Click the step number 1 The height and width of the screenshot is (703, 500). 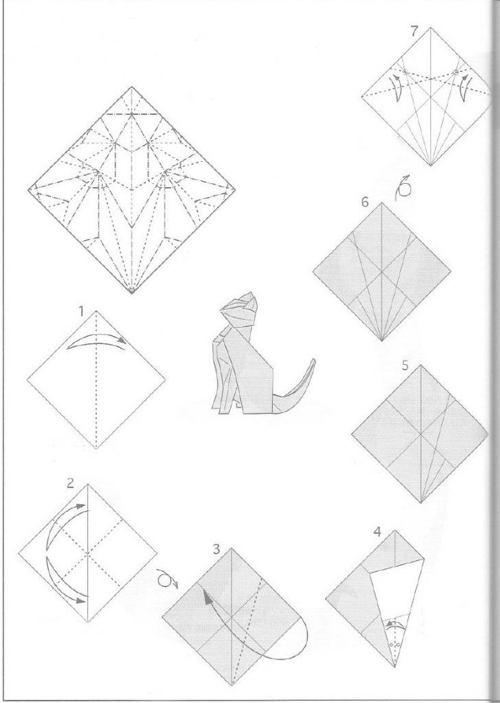point(81,311)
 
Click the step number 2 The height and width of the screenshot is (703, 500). point(70,483)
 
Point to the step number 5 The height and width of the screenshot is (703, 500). point(405,366)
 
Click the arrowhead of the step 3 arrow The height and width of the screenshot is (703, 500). point(207,596)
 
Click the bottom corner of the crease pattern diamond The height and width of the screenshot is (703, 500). point(132,294)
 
